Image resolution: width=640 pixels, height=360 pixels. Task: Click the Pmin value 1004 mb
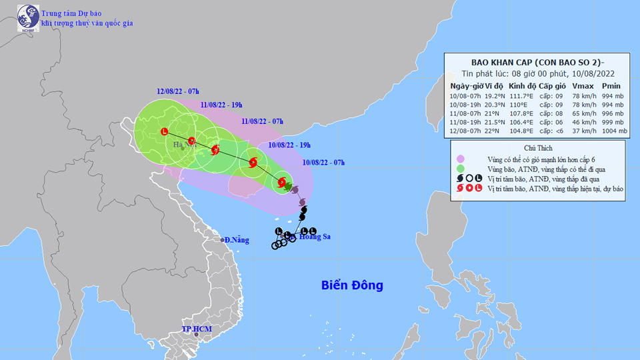pyautogui.click(x=613, y=131)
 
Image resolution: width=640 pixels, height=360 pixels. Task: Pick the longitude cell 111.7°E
pyautogui.click(x=521, y=96)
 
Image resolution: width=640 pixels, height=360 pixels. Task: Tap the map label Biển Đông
pyautogui.click(x=352, y=285)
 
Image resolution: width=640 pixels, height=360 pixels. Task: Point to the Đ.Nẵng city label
pyautogui.click(x=235, y=239)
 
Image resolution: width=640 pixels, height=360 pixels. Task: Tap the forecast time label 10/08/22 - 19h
pyautogui.click(x=289, y=143)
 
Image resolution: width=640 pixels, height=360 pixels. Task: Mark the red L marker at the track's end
pyautogui.click(x=165, y=131)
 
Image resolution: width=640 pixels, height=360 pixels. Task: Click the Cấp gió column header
pyautogui.click(x=552, y=86)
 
